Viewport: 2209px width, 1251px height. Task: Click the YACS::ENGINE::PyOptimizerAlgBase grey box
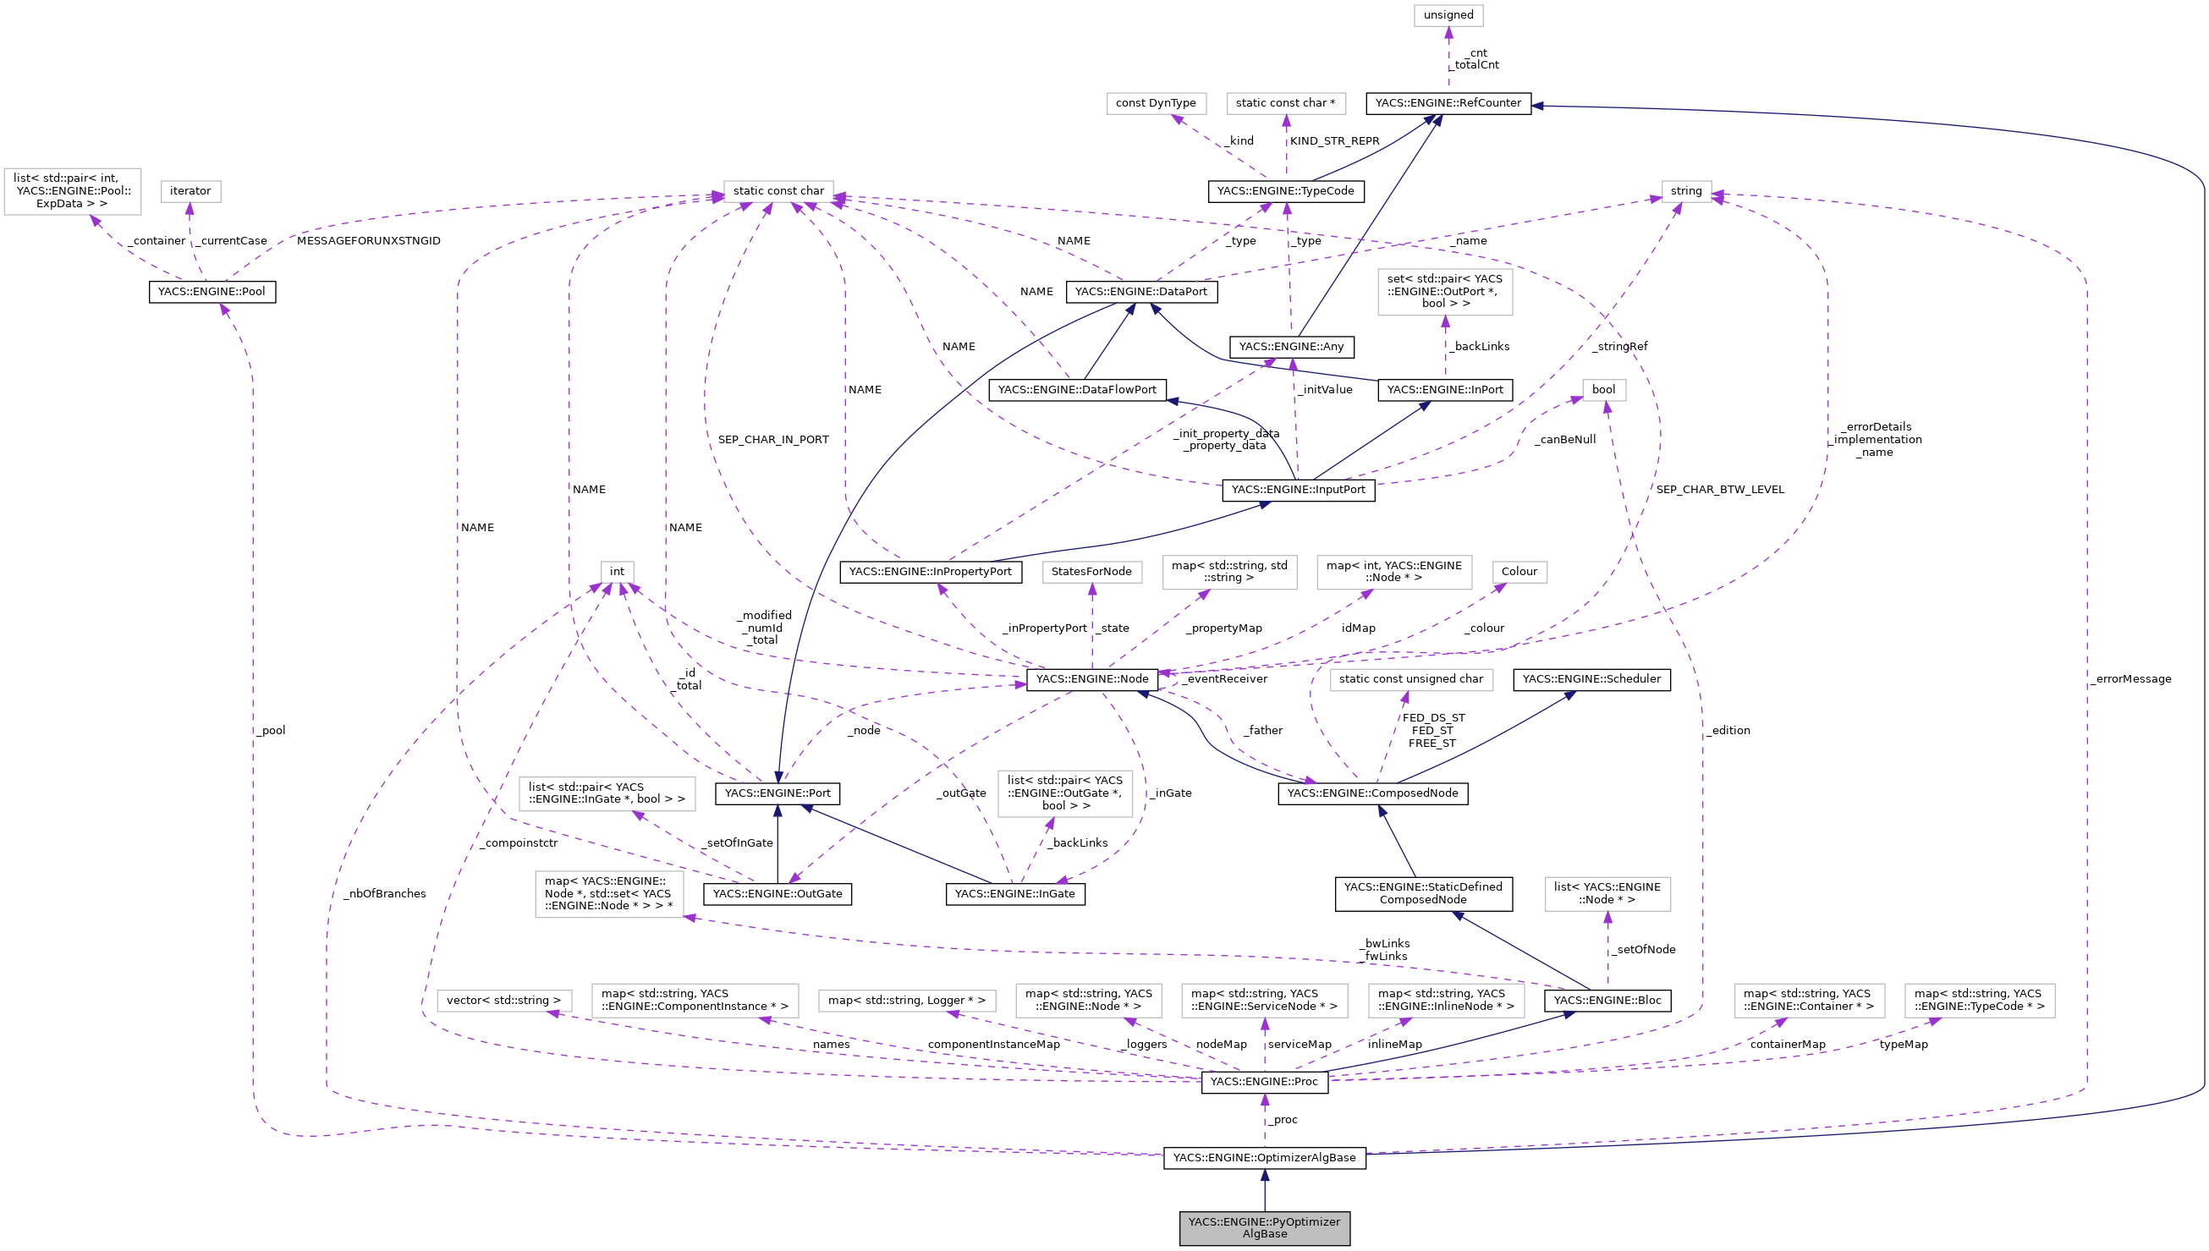point(1264,1228)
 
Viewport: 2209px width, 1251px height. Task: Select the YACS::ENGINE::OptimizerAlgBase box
point(1264,1157)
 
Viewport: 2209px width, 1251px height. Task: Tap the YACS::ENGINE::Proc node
point(1264,1082)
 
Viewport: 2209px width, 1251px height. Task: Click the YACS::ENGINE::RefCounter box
point(1448,103)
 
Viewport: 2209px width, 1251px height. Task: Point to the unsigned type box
point(1448,15)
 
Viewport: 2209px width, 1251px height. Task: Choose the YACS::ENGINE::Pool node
point(212,292)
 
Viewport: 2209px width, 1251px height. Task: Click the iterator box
point(190,191)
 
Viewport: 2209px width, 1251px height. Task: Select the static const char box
point(778,191)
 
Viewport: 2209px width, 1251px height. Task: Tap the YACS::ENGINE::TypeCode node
point(1285,191)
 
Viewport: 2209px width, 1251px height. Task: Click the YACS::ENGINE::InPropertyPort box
point(931,572)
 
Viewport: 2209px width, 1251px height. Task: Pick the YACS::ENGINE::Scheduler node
point(1591,678)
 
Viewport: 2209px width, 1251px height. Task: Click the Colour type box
point(1519,572)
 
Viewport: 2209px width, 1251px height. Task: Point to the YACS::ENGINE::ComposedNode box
point(1372,793)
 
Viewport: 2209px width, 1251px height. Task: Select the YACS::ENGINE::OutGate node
point(778,893)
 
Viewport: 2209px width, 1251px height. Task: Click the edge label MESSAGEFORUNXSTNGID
point(369,240)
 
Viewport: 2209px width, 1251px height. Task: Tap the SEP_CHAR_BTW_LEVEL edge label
point(1719,490)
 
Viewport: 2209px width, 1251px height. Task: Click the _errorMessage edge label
point(2131,678)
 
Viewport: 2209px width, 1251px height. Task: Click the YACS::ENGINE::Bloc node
point(1607,1000)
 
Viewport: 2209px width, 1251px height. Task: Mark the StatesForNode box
point(1091,572)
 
